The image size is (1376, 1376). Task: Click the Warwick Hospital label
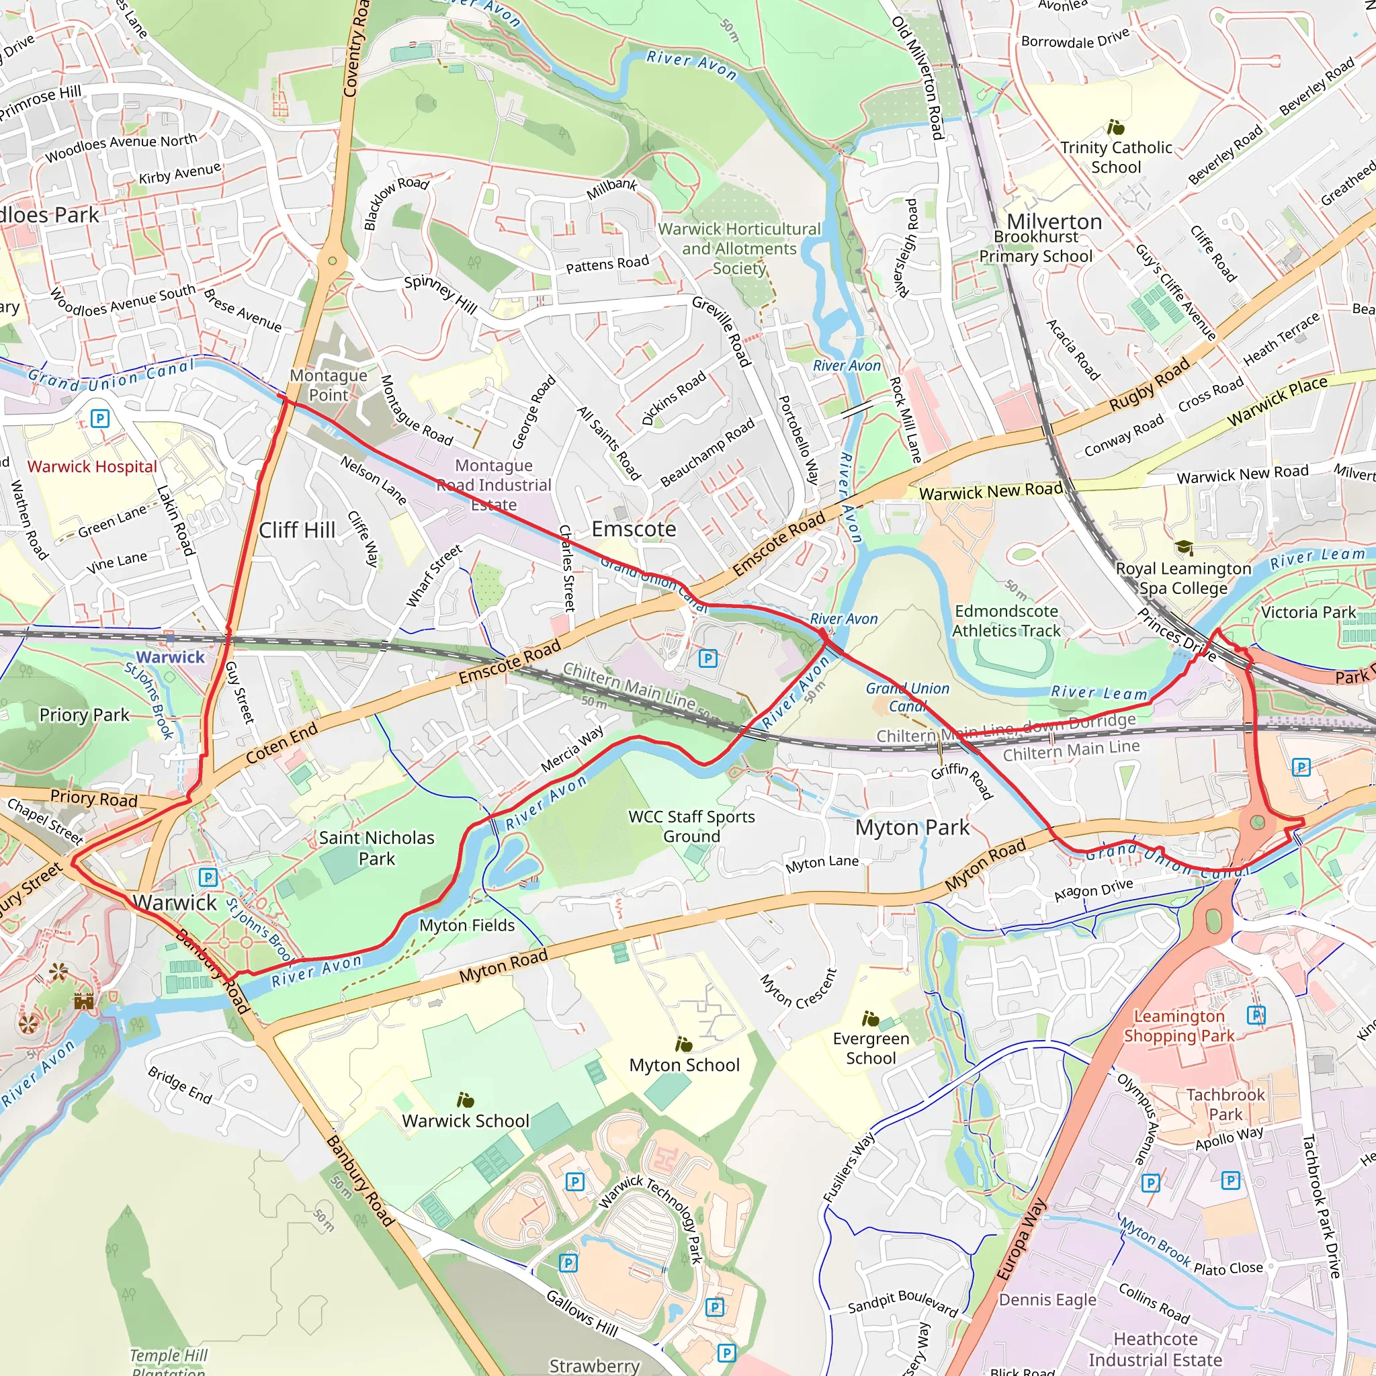(x=92, y=466)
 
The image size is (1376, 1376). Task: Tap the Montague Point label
(x=329, y=385)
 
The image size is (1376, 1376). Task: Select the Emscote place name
(x=634, y=529)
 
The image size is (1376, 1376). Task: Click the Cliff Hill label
(x=297, y=530)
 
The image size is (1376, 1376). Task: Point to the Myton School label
(x=685, y=1065)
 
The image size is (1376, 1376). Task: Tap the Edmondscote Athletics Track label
(x=1006, y=621)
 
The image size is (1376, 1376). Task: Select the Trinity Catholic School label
(x=1115, y=157)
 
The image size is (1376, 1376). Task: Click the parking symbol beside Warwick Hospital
(x=100, y=418)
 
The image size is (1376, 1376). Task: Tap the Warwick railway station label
(x=170, y=656)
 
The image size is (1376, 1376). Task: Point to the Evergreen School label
(x=871, y=1048)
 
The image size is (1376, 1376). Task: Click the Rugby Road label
(x=1149, y=384)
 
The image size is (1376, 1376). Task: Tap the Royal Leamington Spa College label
(x=1183, y=578)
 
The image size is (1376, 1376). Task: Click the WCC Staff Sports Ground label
(x=691, y=826)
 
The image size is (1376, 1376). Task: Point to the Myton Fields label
(x=466, y=925)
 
